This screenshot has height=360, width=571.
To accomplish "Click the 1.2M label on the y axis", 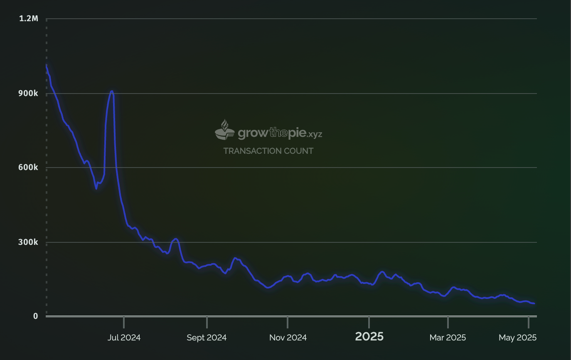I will pos(29,19).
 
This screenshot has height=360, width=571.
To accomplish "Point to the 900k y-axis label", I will pos(29,93).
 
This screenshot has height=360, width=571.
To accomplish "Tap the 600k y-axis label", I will pos(29,168).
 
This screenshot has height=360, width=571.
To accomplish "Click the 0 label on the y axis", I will pos(35,316).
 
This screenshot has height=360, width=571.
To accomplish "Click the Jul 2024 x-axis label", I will pos(124,338).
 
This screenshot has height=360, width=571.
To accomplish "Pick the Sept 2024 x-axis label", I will pos(207,338).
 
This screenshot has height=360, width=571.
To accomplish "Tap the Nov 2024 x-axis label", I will pos(288,338).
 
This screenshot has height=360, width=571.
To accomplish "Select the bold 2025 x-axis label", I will pos(369,337).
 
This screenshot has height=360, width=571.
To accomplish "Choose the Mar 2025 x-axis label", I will pos(448,338).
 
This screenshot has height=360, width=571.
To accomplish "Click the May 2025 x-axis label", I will pos(517,338).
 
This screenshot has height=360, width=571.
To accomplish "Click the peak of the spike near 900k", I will pos(111,91).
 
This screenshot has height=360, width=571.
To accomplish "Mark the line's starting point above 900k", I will pos(47,64).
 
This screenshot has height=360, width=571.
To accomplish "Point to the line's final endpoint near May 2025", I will pos(534,303).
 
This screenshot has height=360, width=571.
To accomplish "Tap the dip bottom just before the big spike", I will pos(96,189).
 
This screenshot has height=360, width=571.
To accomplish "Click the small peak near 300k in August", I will pos(176,239).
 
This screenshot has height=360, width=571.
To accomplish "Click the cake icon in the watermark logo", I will pos(225,130).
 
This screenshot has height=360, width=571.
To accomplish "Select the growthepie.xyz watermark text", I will pos(280,133).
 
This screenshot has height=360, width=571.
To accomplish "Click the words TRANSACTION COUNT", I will pos(268,151).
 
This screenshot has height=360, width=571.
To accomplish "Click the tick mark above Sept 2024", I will pos(207,322).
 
